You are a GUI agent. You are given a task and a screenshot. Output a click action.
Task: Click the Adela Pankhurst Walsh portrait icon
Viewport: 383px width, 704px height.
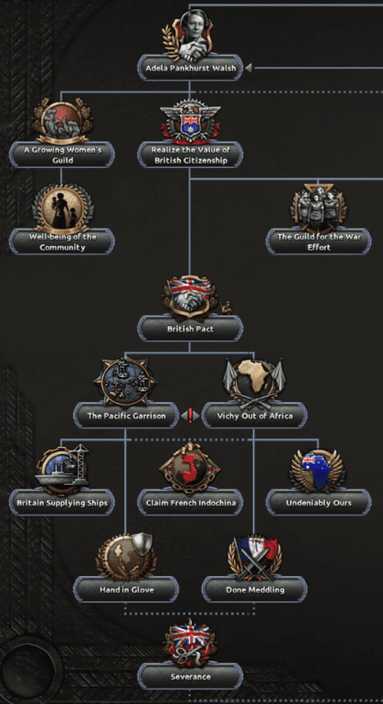coord(189,36)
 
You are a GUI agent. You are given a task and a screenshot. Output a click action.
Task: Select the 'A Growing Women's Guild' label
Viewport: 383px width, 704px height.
coord(62,154)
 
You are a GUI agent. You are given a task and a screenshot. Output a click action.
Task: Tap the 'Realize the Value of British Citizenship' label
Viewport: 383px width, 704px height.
coord(190,154)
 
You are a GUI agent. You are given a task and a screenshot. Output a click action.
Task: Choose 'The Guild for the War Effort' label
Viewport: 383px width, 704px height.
coord(318,241)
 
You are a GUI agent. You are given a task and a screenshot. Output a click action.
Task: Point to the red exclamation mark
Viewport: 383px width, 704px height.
coord(190,416)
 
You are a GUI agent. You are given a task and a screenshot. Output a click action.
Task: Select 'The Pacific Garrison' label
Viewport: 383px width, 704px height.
coord(126,416)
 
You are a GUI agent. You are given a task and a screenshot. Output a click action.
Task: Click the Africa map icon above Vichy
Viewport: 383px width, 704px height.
coord(254,382)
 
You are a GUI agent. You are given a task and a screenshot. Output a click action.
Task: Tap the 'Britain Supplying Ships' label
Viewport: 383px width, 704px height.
coord(62,503)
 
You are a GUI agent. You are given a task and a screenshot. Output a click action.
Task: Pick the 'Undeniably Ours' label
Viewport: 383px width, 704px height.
coord(318,503)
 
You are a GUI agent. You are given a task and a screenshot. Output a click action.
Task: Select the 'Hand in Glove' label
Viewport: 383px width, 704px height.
coord(126,589)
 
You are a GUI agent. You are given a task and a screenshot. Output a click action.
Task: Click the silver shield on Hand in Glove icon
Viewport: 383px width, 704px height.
coord(142,545)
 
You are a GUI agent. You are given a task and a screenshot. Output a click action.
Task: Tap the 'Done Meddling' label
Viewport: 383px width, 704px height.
coord(255,589)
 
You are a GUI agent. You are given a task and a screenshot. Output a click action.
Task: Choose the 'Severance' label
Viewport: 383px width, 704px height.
coord(190,676)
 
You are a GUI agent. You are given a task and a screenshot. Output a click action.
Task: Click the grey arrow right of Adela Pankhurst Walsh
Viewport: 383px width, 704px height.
coord(248,68)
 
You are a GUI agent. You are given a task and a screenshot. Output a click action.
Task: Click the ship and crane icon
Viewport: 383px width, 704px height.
coord(62,469)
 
